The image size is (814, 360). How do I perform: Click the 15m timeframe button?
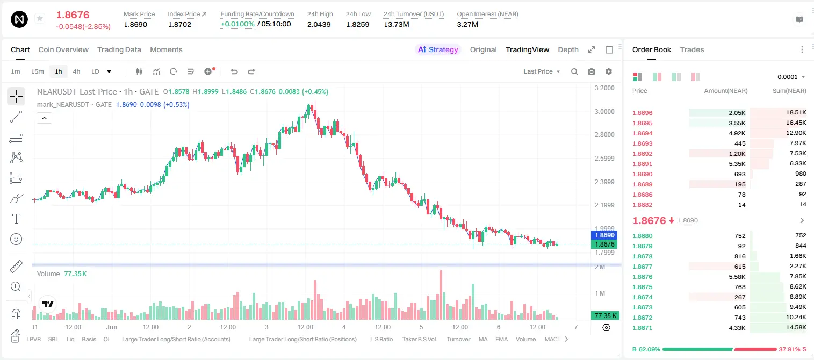tap(38, 71)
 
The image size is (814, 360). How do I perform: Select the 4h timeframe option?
tap(76, 71)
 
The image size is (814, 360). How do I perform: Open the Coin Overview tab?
tap(63, 49)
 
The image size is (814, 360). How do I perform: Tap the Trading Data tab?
tap(119, 49)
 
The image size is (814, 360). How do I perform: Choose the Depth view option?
tap(568, 49)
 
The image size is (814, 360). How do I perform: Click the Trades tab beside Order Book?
tap(692, 49)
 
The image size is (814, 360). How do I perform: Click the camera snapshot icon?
tap(592, 71)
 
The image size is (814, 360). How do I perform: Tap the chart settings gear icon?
tap(609, 71)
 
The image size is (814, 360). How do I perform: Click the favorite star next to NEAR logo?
tap(40, 18)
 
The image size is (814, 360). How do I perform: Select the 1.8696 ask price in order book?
tap(642, 113)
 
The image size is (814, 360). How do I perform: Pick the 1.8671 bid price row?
tap(642, 328)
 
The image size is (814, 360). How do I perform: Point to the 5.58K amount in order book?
tap(737, 277)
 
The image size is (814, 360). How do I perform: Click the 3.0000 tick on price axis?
tap(604, 112)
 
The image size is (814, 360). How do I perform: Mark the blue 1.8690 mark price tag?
tap(604, 235)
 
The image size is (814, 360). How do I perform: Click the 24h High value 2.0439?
tap(319, 24)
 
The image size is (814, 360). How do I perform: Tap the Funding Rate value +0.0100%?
tap(237, 24)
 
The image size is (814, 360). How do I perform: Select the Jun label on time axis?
tap(112, 327)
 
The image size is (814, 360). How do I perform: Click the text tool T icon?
tap(16, 219)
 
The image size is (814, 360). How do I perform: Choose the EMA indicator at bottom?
tap(501, 339)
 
